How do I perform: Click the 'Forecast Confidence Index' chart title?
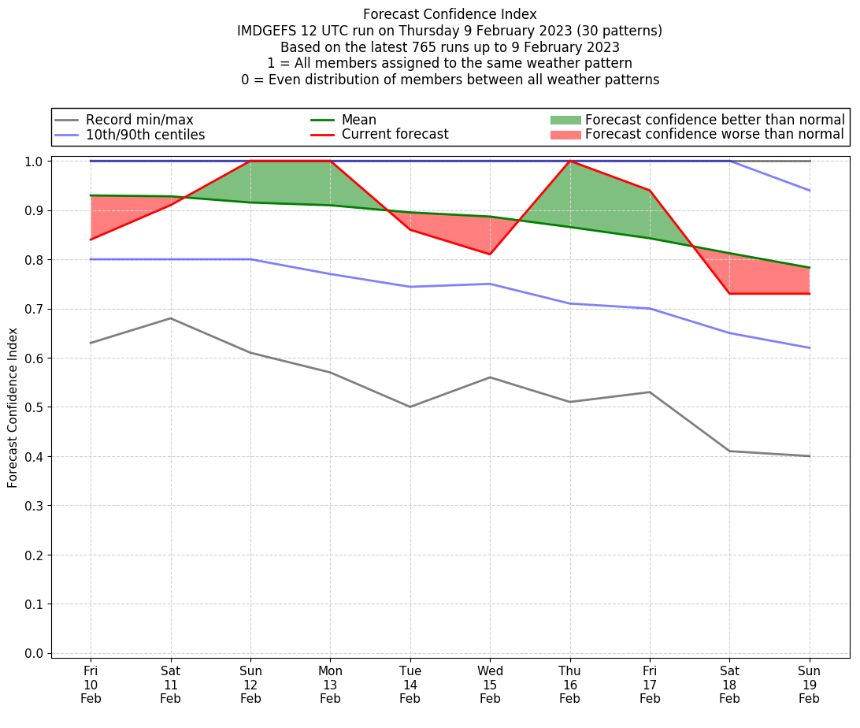pos(450,14)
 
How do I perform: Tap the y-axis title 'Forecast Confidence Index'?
pos(13,407)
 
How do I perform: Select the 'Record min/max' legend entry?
pos(139,120)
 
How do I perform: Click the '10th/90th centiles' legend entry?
pos(145,135)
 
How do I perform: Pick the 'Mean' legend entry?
pos(358,120)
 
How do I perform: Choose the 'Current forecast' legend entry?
pos(395,135)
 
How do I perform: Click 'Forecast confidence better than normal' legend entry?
pos(714,120)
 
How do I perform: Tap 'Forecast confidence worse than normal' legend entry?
pos(714,135)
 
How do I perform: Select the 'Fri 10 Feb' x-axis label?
pos(91,685)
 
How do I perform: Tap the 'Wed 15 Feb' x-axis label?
pos(490,685)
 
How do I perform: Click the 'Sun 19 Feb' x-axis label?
pos(809,685)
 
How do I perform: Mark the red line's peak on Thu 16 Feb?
pos(569,161)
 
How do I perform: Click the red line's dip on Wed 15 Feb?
pos(490,254)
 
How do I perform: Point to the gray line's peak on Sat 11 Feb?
pos(171,318)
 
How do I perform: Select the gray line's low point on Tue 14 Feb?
pos(410,407)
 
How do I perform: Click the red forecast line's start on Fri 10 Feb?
pos(91,240)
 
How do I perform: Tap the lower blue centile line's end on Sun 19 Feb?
pos(809,348)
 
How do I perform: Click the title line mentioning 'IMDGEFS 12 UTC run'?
pos(450,31)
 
